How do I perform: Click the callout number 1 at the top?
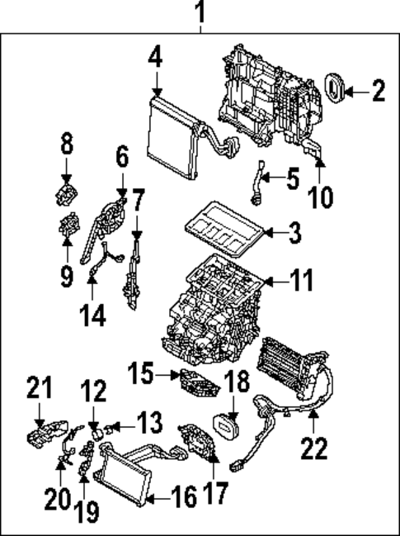click(199, 13)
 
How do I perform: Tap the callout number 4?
click(157, 59)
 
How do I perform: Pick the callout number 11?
click(303, 281)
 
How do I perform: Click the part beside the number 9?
click(68, 225)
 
